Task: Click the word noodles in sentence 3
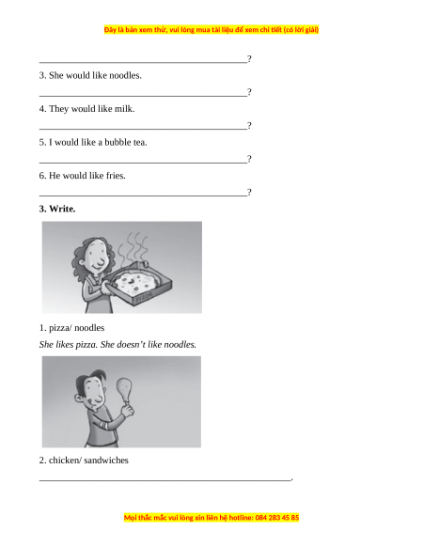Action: point(125,75)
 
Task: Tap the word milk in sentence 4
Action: point(125,109)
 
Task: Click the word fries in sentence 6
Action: point(116,176)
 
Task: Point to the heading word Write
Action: point(62,209)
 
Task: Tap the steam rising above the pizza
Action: point(133,247)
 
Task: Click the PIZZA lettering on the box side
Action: point(144,297)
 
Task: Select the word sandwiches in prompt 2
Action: point(106,461)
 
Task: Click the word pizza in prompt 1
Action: point(58,328)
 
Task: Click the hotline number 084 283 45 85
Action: point(277,518)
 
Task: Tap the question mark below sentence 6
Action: point(249,193)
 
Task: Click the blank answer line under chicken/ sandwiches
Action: point(164,480)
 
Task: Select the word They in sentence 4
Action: point(58,109)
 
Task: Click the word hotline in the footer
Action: point(241,518)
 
